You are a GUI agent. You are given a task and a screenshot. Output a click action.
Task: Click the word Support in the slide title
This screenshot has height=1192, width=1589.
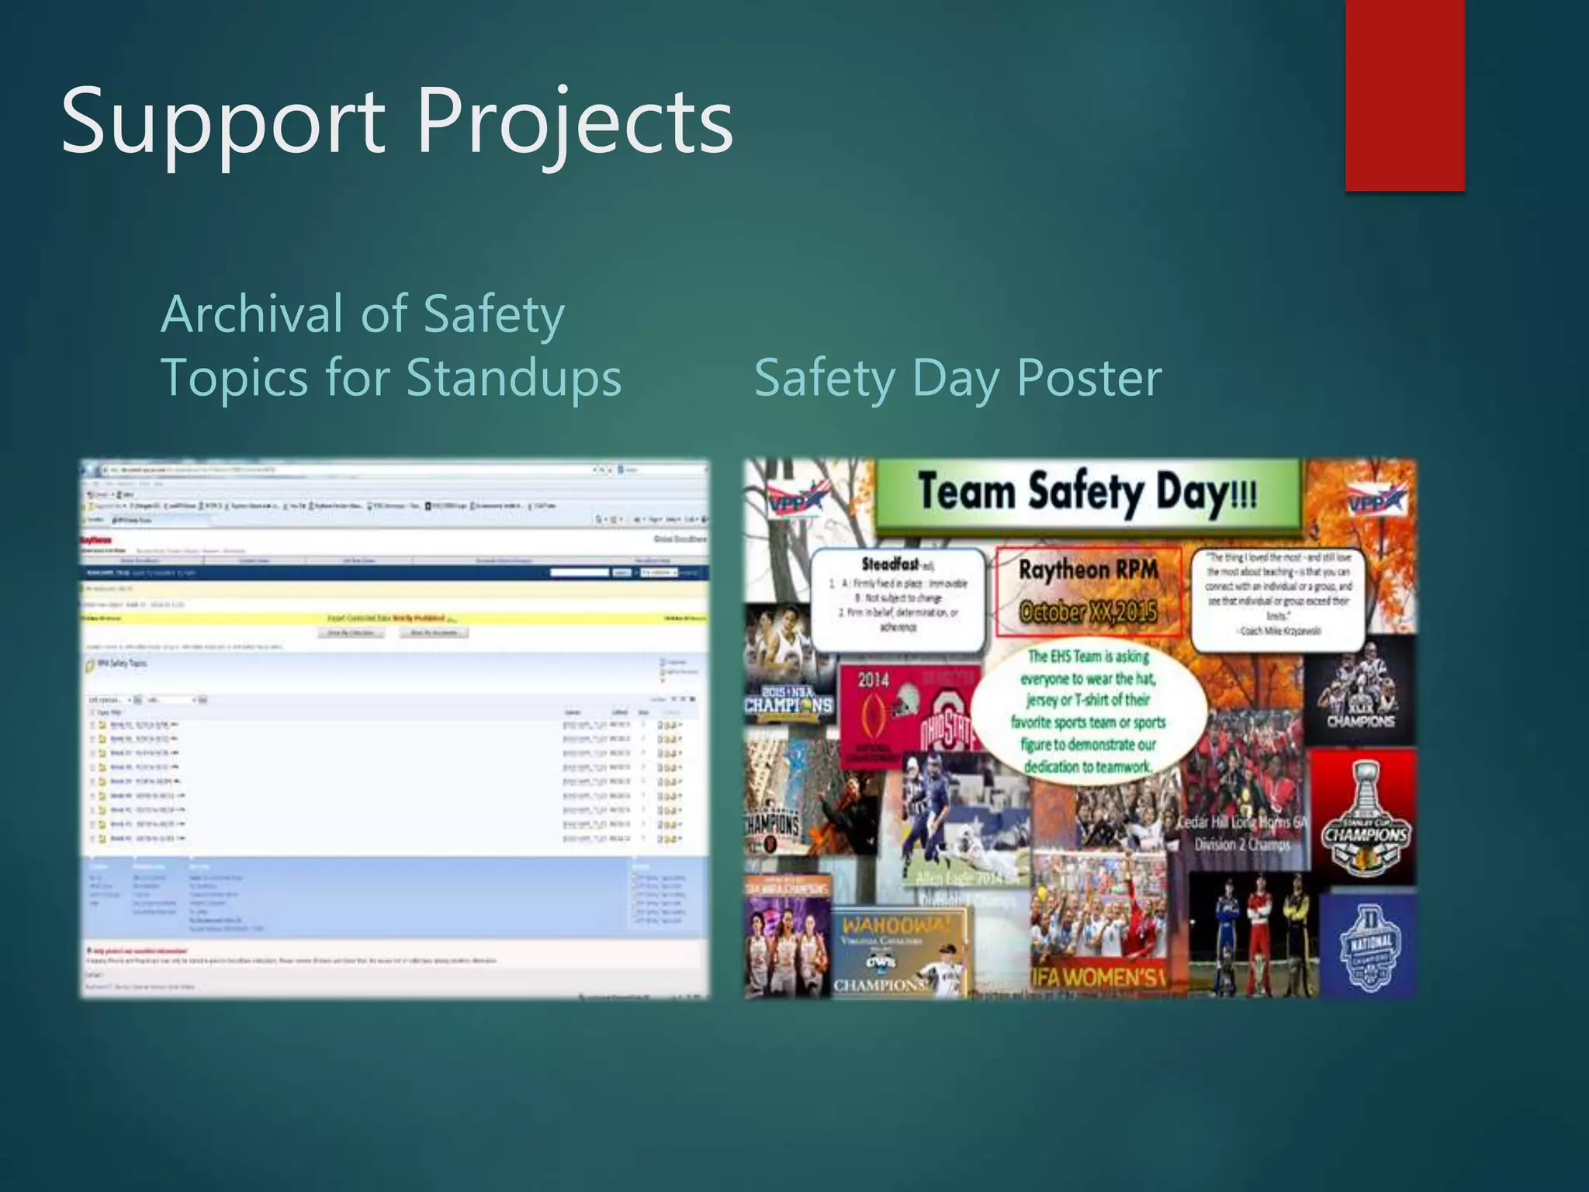(x=223, y=123)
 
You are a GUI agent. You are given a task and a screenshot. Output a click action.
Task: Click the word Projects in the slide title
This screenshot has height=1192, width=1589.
(x=575, y=123)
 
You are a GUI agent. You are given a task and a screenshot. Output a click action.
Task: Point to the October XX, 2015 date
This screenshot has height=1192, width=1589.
(x=1088, y=612)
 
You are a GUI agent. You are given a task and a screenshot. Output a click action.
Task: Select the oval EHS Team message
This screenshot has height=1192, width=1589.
(x=1088, y=711)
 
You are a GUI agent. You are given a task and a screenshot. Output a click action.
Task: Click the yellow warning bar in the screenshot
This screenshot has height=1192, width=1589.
(x=394, y=619)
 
